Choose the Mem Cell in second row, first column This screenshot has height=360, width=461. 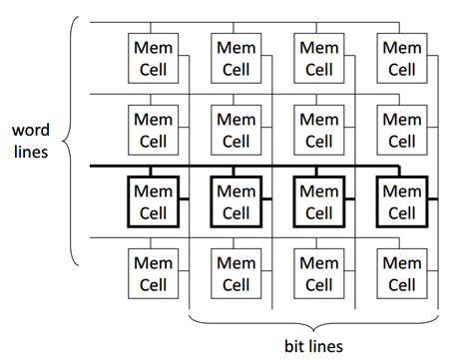(153, 129)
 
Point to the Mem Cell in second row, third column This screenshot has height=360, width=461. (318, 129)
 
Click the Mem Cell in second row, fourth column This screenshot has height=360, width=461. (401, 129)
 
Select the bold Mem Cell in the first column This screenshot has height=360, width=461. (153, 202)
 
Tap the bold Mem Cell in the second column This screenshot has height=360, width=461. (235, 202)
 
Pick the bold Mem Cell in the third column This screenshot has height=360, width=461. (318, 202)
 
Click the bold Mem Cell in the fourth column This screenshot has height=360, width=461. (401, 202)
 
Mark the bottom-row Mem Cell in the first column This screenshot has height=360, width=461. (153, 273)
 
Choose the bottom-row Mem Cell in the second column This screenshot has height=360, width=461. (235, 273)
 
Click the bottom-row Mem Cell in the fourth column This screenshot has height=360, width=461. (401, 273)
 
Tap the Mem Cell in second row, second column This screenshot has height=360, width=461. (235, 129)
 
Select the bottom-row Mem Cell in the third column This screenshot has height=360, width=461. (318, 273)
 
